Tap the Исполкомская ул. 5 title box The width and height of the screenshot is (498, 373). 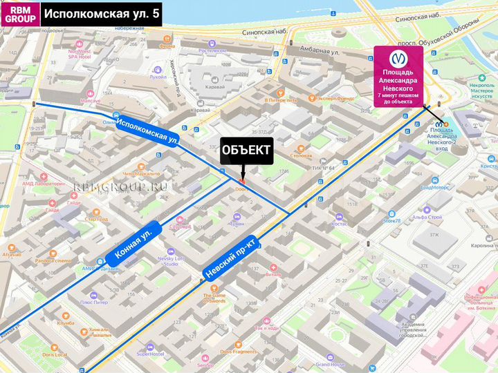(102, 14)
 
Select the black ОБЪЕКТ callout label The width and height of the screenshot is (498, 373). (246, 153)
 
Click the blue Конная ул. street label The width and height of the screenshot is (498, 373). (134, 246)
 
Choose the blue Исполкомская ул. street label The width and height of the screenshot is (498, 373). (147, 131)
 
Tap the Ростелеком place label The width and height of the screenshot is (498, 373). (212, 50)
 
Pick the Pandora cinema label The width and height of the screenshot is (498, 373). (54, 261)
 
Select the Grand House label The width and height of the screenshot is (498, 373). (330, 364)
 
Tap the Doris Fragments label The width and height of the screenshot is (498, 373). (239, 352)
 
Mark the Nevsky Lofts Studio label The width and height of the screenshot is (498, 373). (171, 261)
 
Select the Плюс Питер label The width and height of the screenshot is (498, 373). (93, 302)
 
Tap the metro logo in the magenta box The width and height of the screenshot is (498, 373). (399, 58)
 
